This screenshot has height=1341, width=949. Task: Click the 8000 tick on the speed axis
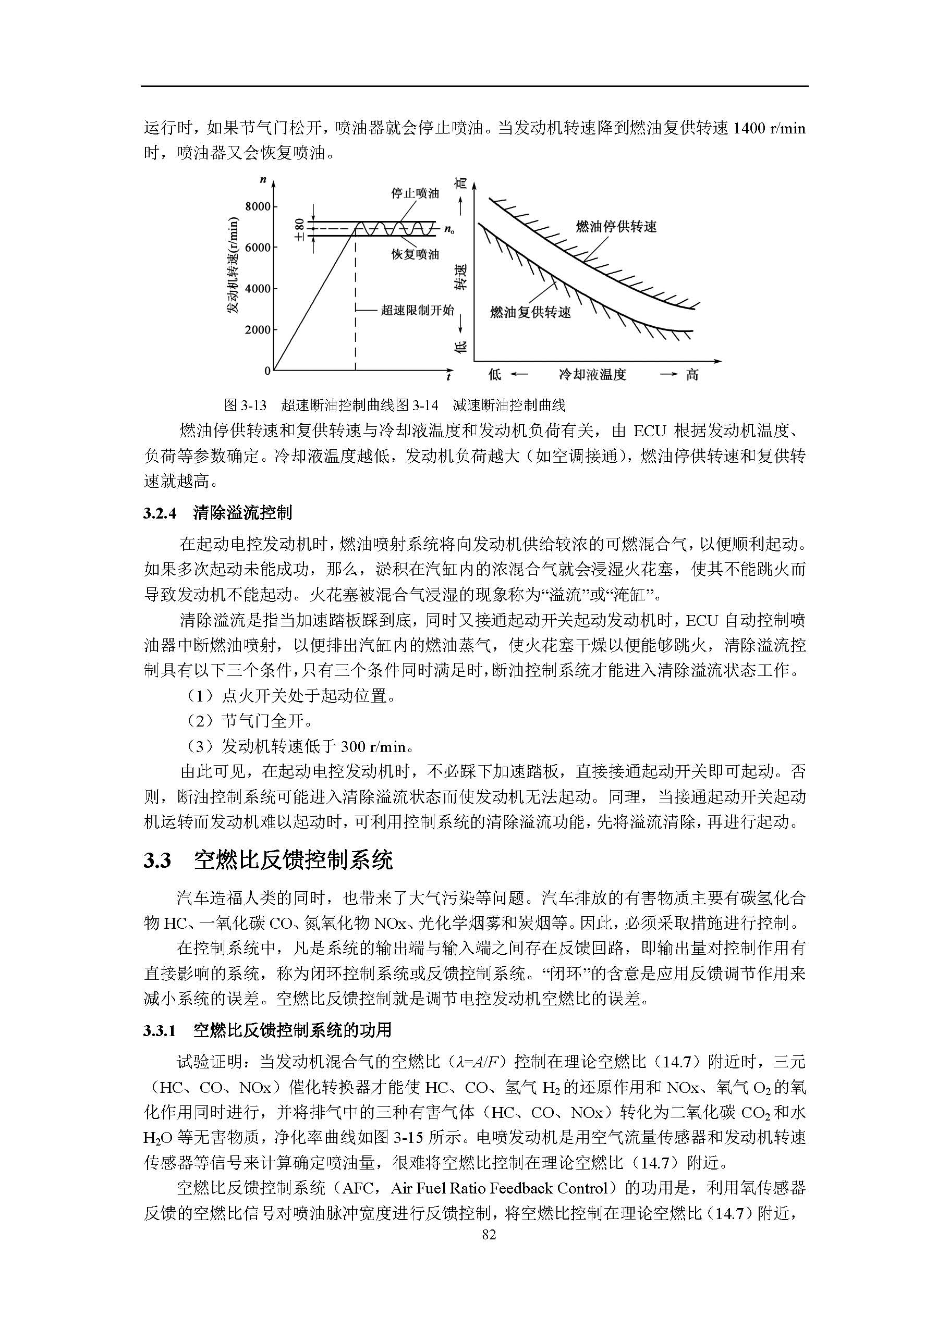tap(258, 206)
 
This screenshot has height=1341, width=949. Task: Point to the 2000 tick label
tap(258, 330)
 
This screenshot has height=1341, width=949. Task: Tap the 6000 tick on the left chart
tap(258, 248)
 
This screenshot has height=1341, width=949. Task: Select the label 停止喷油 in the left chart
tap(415, 193)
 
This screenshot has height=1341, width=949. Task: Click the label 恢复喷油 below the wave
tap(415, 255)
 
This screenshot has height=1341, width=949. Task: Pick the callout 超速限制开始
tap(417, 310)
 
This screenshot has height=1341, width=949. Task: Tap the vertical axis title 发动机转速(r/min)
tap(233, 265)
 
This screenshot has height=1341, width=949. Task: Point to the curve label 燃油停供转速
tap(616, 227)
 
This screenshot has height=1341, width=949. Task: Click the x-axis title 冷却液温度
tap(592, 375)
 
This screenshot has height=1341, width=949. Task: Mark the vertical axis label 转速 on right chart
tap(461, 277)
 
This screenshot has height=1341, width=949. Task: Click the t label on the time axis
tap(448, 377)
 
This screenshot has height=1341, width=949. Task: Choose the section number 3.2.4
tap(160, 513)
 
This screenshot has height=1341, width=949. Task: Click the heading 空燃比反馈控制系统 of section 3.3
tap(294, 860)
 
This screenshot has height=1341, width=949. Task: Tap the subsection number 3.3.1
tap(160, 1030)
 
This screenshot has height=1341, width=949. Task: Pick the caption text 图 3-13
tap(246, 405)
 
